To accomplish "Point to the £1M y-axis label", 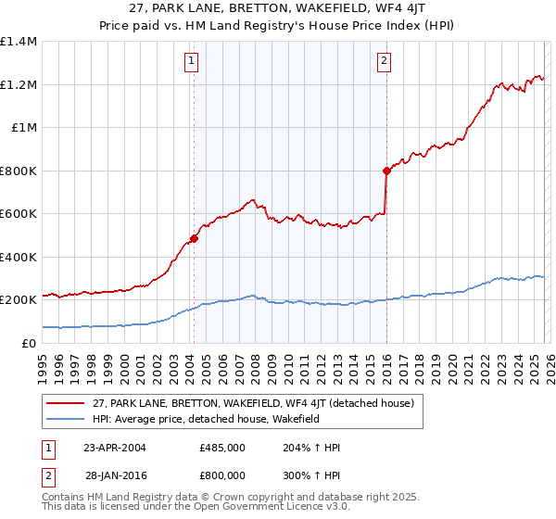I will click(x=23, y=128).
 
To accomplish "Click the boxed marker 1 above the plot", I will click(x=191, y=62).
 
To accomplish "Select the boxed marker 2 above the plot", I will click(x=383, y=62).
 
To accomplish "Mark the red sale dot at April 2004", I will click(x=194, y=238).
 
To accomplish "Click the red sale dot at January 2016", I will click(x=385, y=171).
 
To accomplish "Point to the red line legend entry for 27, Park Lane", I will click(x=259, y=402).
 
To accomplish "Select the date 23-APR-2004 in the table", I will click(x=115, y=448).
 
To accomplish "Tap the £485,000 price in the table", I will click(x=221, y=448).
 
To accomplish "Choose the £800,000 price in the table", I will click(x=221, y=475).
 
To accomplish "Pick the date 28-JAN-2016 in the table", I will click(x=115, y=475).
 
